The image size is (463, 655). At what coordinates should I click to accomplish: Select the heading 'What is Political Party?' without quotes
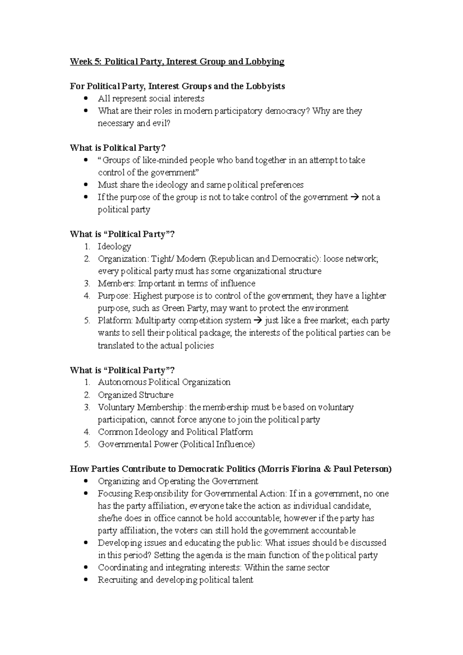(118, 148)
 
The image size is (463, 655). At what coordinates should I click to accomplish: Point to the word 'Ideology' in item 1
(115, 246)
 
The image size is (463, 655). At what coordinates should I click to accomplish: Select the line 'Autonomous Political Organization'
(164, 382)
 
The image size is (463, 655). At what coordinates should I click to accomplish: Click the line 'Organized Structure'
(135, 395)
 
